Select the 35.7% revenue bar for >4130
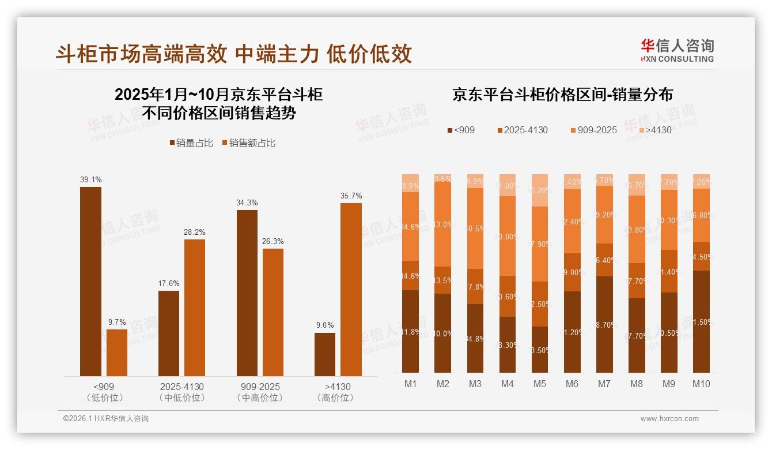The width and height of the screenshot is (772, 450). [x=351, y=289]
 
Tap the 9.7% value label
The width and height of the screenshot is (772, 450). [x=116, y=322]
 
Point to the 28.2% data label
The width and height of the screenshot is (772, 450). [x=195, y=232]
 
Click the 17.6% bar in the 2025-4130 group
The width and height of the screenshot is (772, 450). [x=169, y=333]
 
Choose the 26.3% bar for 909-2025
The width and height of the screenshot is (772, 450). [x=273, y=312]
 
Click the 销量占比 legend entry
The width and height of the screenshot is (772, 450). [x=191, y=143]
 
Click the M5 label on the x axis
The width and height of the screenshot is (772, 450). [x=539, y=384]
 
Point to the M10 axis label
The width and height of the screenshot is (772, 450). [x=701, y=384]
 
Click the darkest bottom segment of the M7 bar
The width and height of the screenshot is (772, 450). [x=604, y=324]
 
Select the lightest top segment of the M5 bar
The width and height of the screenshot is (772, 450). [x=539, y=190]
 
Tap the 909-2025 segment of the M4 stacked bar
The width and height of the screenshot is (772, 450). [x=507, y=236]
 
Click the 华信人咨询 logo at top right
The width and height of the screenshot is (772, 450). [x=676, y=50]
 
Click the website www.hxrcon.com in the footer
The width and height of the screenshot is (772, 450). [x=669, y=419]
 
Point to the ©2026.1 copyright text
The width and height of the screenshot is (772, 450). [x=105, y=419]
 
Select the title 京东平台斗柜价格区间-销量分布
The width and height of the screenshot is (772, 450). [x=562, y=95]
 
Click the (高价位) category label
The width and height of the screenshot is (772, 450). [x=337, y=398]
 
